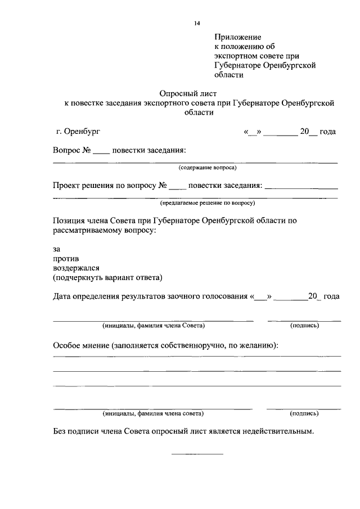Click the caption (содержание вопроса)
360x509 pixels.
[208, 168]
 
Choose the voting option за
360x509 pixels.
[56, 248]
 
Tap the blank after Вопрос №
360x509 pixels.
[101, 151]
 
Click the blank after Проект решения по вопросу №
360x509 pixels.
[177, 186]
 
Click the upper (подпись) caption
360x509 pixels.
[304, 326]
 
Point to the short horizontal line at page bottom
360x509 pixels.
[197, 453]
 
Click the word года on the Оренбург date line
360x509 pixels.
[328, 132]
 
